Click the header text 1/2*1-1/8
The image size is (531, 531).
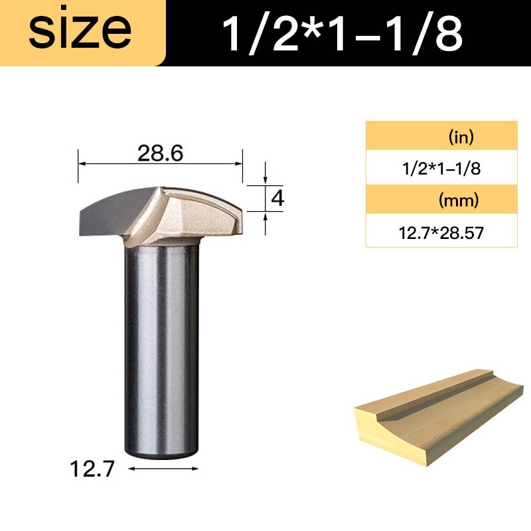341,34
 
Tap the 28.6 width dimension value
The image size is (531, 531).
160,153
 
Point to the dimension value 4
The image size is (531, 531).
278,198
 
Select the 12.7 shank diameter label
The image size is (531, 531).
92,470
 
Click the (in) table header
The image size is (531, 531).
441,137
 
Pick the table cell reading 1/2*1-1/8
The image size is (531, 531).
441,168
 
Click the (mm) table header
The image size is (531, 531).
441,199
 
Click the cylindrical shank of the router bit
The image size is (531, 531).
160,345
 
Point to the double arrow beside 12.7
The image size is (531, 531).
163,469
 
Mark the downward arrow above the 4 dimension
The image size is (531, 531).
265,178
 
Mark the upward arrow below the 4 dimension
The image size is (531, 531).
265,218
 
